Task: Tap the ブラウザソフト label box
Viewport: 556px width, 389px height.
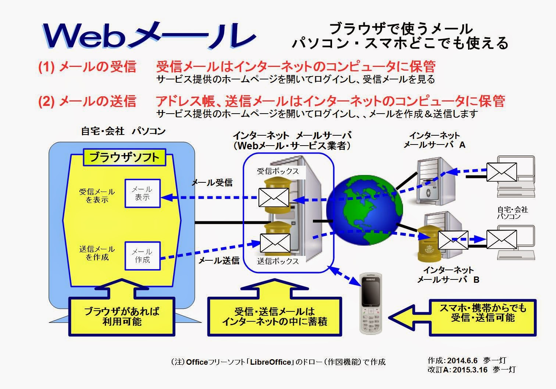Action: pos(124,157)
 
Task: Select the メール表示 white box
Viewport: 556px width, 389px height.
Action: pos(143,193)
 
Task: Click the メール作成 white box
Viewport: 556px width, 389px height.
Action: pos(143,256)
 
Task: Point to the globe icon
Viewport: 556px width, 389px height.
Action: pos(364,210)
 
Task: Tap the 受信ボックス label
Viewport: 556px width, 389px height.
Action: pos(278,171)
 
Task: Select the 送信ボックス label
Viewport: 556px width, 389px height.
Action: pos(278,261)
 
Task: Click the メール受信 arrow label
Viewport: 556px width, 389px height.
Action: pos(212,182)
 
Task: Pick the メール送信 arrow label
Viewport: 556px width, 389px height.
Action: pos(219,261)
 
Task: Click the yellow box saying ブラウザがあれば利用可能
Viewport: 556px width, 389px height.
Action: pos(122,317)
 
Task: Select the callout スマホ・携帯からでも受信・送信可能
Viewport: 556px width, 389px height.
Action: pos(483,313)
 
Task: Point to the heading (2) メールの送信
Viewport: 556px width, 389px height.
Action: pos(88,101)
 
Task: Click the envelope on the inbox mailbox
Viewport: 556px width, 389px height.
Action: pos(273,197)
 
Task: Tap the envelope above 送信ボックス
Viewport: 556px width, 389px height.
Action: pos(275,242)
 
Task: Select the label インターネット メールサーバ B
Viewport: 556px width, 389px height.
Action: pos(448,275)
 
